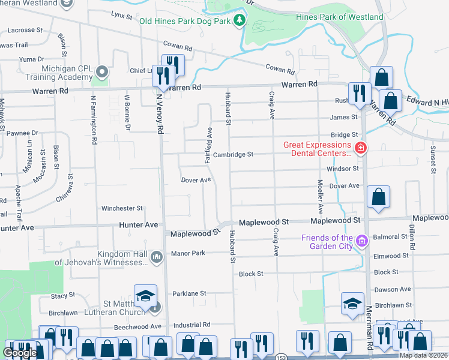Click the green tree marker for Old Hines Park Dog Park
(240, 20)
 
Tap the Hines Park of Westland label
(339, 17)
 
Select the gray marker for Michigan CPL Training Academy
(102, 73)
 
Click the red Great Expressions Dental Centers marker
(360, 148)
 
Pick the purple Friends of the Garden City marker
(362, 242)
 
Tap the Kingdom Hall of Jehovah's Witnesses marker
(156, 257)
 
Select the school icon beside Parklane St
(145, 296)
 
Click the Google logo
(20, 353)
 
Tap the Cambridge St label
(234, 154)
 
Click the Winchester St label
(122, 208)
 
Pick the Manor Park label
(187, 253)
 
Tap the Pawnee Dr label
(23, 133)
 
